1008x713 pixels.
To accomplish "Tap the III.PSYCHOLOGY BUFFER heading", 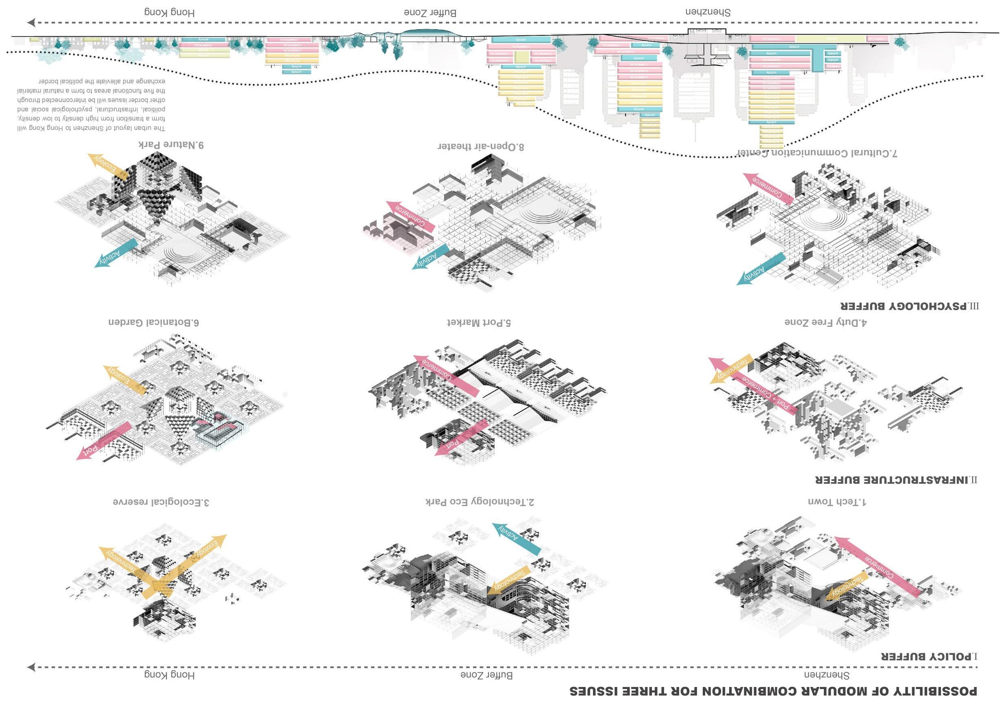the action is [x=909, y=306].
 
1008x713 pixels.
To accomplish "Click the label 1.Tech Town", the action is [x=837, y=501].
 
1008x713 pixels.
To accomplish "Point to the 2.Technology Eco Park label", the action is [x=480, y=501].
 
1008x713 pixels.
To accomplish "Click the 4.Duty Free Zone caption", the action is [x=826, y=323].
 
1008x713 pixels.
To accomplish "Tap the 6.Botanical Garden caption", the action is [x=154, y=323].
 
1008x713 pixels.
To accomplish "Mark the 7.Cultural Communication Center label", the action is [x=817, y=153].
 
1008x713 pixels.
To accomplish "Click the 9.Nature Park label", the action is [x=171, y=145].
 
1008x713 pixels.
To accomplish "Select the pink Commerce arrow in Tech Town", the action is [x=878, y=566].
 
